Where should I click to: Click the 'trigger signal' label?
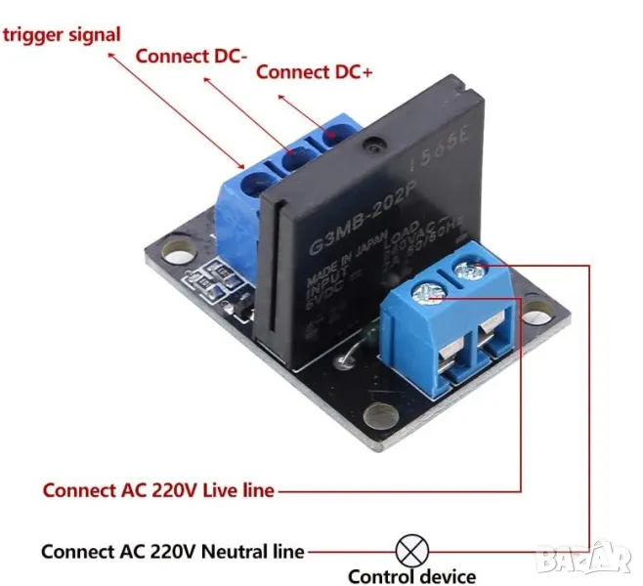click(x=63, y=34)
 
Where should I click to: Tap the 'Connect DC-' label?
click(x=191, y=56)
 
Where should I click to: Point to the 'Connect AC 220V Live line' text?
click(x=158, y=489)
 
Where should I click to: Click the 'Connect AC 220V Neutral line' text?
click(x=172, y=551)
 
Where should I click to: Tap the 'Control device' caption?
click(x=411, y=576)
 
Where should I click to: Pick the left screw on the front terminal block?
click(x=425, y=289)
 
